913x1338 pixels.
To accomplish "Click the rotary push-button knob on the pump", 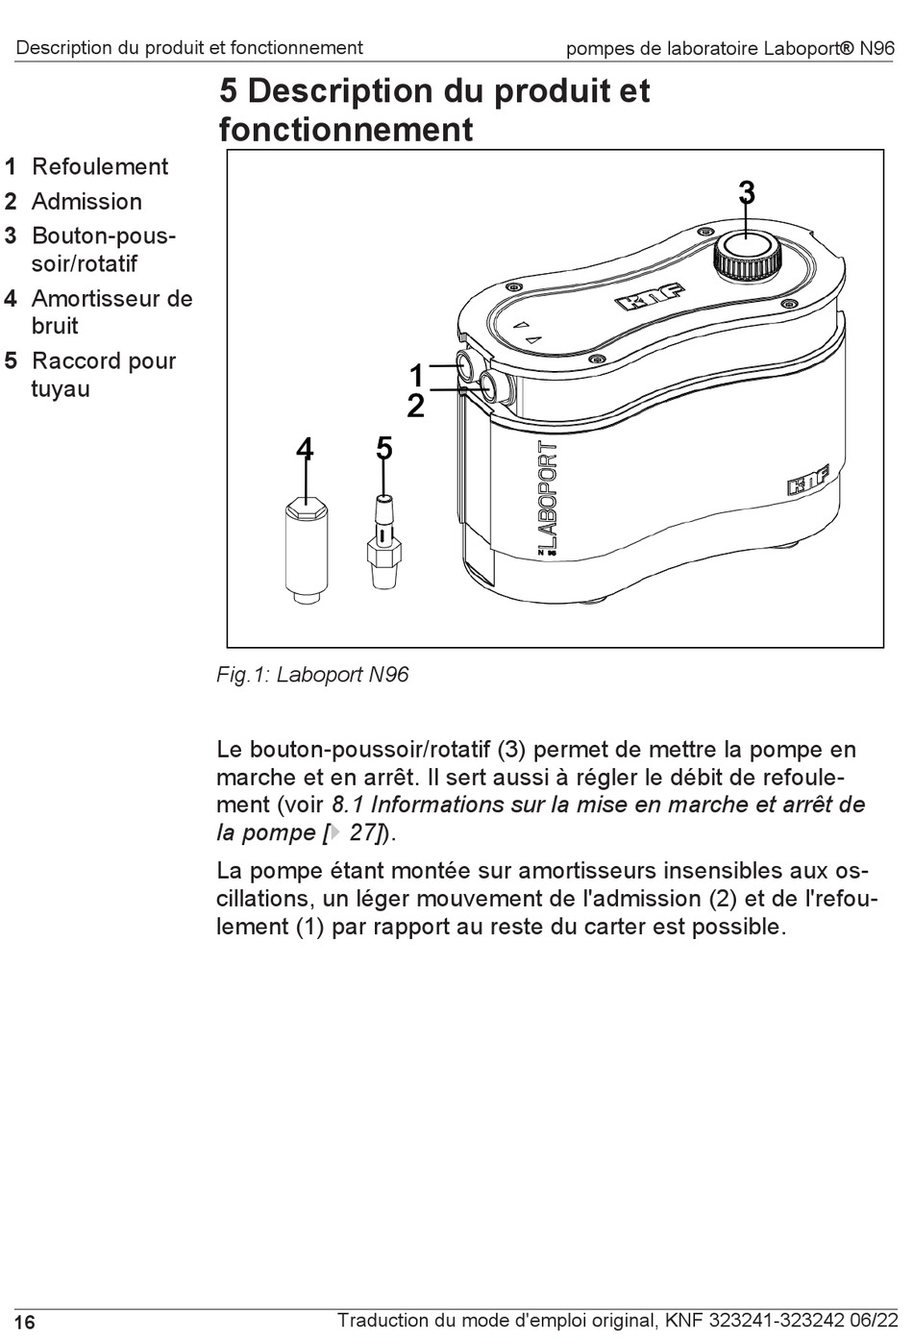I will [746, 252].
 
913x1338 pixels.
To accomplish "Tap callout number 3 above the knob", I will [747, 193].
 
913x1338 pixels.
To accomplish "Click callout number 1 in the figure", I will [416, 375].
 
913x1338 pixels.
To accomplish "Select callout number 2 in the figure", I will [415, 407].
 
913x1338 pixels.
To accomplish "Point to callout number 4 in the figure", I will [305, 448].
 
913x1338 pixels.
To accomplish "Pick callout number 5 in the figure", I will [384, 448].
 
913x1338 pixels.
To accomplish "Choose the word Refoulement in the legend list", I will [100, 167].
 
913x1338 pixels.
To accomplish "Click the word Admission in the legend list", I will [86, 202].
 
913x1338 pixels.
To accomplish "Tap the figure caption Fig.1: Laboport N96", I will [312, 675].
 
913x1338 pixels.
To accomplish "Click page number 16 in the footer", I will [26, 1323].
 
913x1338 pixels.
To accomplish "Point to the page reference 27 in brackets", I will [362, 833].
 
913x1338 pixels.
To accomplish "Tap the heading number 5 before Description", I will [229, 92].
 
